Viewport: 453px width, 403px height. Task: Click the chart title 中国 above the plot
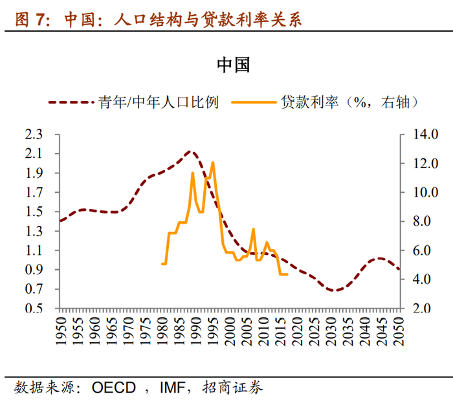point(233,65)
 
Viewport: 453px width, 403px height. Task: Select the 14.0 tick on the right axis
point(424,135)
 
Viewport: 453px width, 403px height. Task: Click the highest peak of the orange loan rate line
point(213,162)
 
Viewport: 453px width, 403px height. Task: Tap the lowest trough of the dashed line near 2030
point(334,290)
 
